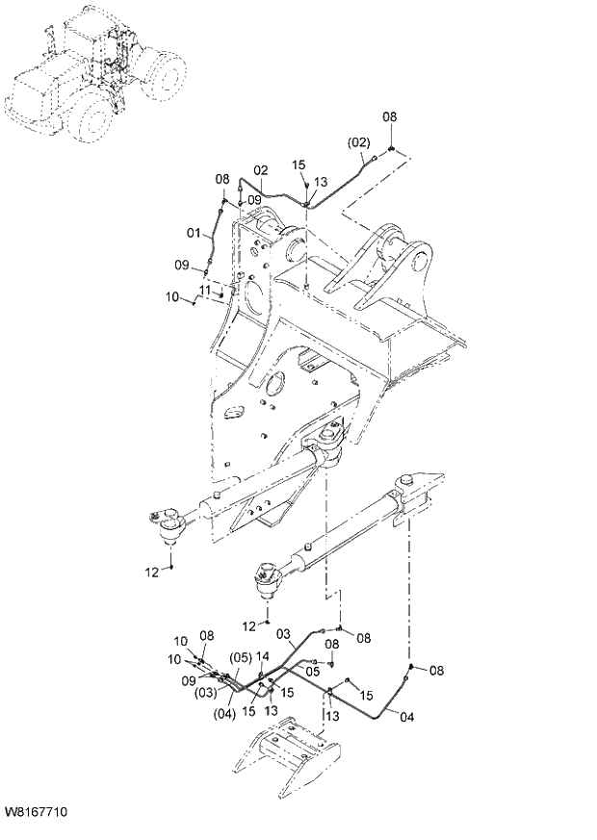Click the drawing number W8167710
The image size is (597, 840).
36,814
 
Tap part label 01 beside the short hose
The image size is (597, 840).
193,232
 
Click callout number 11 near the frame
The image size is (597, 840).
205,290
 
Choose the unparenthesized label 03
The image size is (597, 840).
284,634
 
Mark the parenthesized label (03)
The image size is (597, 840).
206,692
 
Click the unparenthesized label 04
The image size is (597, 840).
407,716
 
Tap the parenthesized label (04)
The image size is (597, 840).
223,713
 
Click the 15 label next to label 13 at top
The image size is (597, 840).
298,165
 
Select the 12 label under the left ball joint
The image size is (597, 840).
151,573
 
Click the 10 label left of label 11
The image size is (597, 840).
172,297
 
